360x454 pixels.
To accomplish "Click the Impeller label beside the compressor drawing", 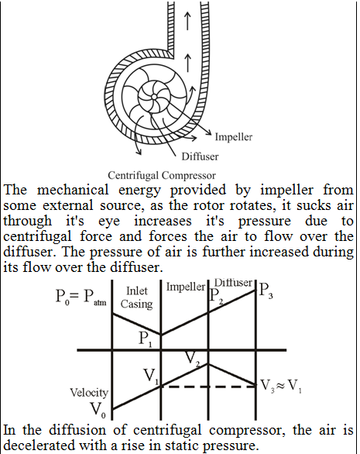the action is (x=234, y=136).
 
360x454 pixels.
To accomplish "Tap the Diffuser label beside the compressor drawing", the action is (x=200, y=156).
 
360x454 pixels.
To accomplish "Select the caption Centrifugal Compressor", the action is (x=162, y=175).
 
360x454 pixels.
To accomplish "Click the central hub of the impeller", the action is (x=154, y=96).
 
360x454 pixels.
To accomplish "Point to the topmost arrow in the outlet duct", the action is (x=187, y=20).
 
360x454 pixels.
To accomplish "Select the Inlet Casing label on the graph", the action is (x=136, y=298).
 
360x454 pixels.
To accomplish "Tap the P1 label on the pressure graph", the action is (x=146, y=339).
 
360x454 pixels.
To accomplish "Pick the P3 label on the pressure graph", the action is (x=266, y=291).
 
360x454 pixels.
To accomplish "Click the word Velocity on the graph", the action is (x=89, y=393).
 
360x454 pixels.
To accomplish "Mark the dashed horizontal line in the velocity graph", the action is (x=208, y=387).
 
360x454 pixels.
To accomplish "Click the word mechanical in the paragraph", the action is (x=73, y=191).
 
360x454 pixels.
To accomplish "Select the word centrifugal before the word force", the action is (x=37, y=236).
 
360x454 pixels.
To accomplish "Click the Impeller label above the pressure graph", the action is (x=186, y=287).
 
